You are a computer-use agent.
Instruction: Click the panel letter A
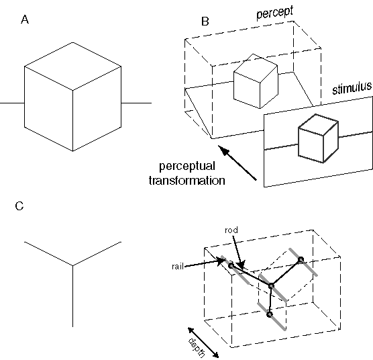coord(25,19)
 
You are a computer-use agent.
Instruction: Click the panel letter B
coord(205,21)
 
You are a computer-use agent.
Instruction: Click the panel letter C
coord(19,206)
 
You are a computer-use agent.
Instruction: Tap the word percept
coord(275,12)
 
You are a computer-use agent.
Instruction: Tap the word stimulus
coord(352,88)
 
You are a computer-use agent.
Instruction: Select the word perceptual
coord(187,167)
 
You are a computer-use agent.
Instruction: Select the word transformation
coord(187,181)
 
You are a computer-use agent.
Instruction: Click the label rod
coord(231,230)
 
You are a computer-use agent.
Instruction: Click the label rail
coord(178,267)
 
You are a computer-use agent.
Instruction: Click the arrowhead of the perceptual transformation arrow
coord(224,150)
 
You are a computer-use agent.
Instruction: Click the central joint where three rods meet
coord(271,286)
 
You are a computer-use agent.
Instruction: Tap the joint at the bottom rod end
coord(269,314)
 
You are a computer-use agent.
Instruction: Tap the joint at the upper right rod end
coord(301,259)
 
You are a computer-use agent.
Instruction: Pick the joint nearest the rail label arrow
coord(231,265)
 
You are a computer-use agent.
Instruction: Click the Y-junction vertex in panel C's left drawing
coord(72,265)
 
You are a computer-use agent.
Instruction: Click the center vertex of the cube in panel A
coord(72,90)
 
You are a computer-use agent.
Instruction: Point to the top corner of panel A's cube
coord(72,42)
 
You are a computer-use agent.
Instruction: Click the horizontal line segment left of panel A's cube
coord(12,103)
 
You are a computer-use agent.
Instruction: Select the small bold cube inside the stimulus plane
coord(318,138)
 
